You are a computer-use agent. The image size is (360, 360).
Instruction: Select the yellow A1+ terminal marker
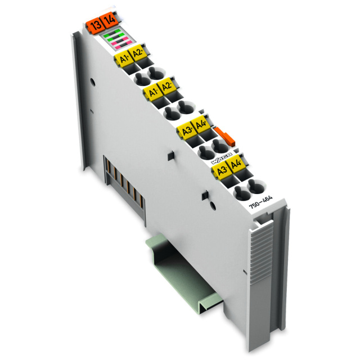point(122,58)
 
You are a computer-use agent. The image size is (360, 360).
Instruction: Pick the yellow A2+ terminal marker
point(137,55)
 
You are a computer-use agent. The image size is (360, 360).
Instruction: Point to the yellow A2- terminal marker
point(166,88)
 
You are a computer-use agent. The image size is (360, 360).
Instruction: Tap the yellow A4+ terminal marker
point(200,127)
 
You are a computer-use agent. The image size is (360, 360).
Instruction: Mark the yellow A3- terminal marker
point(221,169)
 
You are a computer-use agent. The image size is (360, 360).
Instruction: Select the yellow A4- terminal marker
point(236,165)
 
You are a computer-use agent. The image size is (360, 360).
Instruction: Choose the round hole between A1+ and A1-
point(141,77)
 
